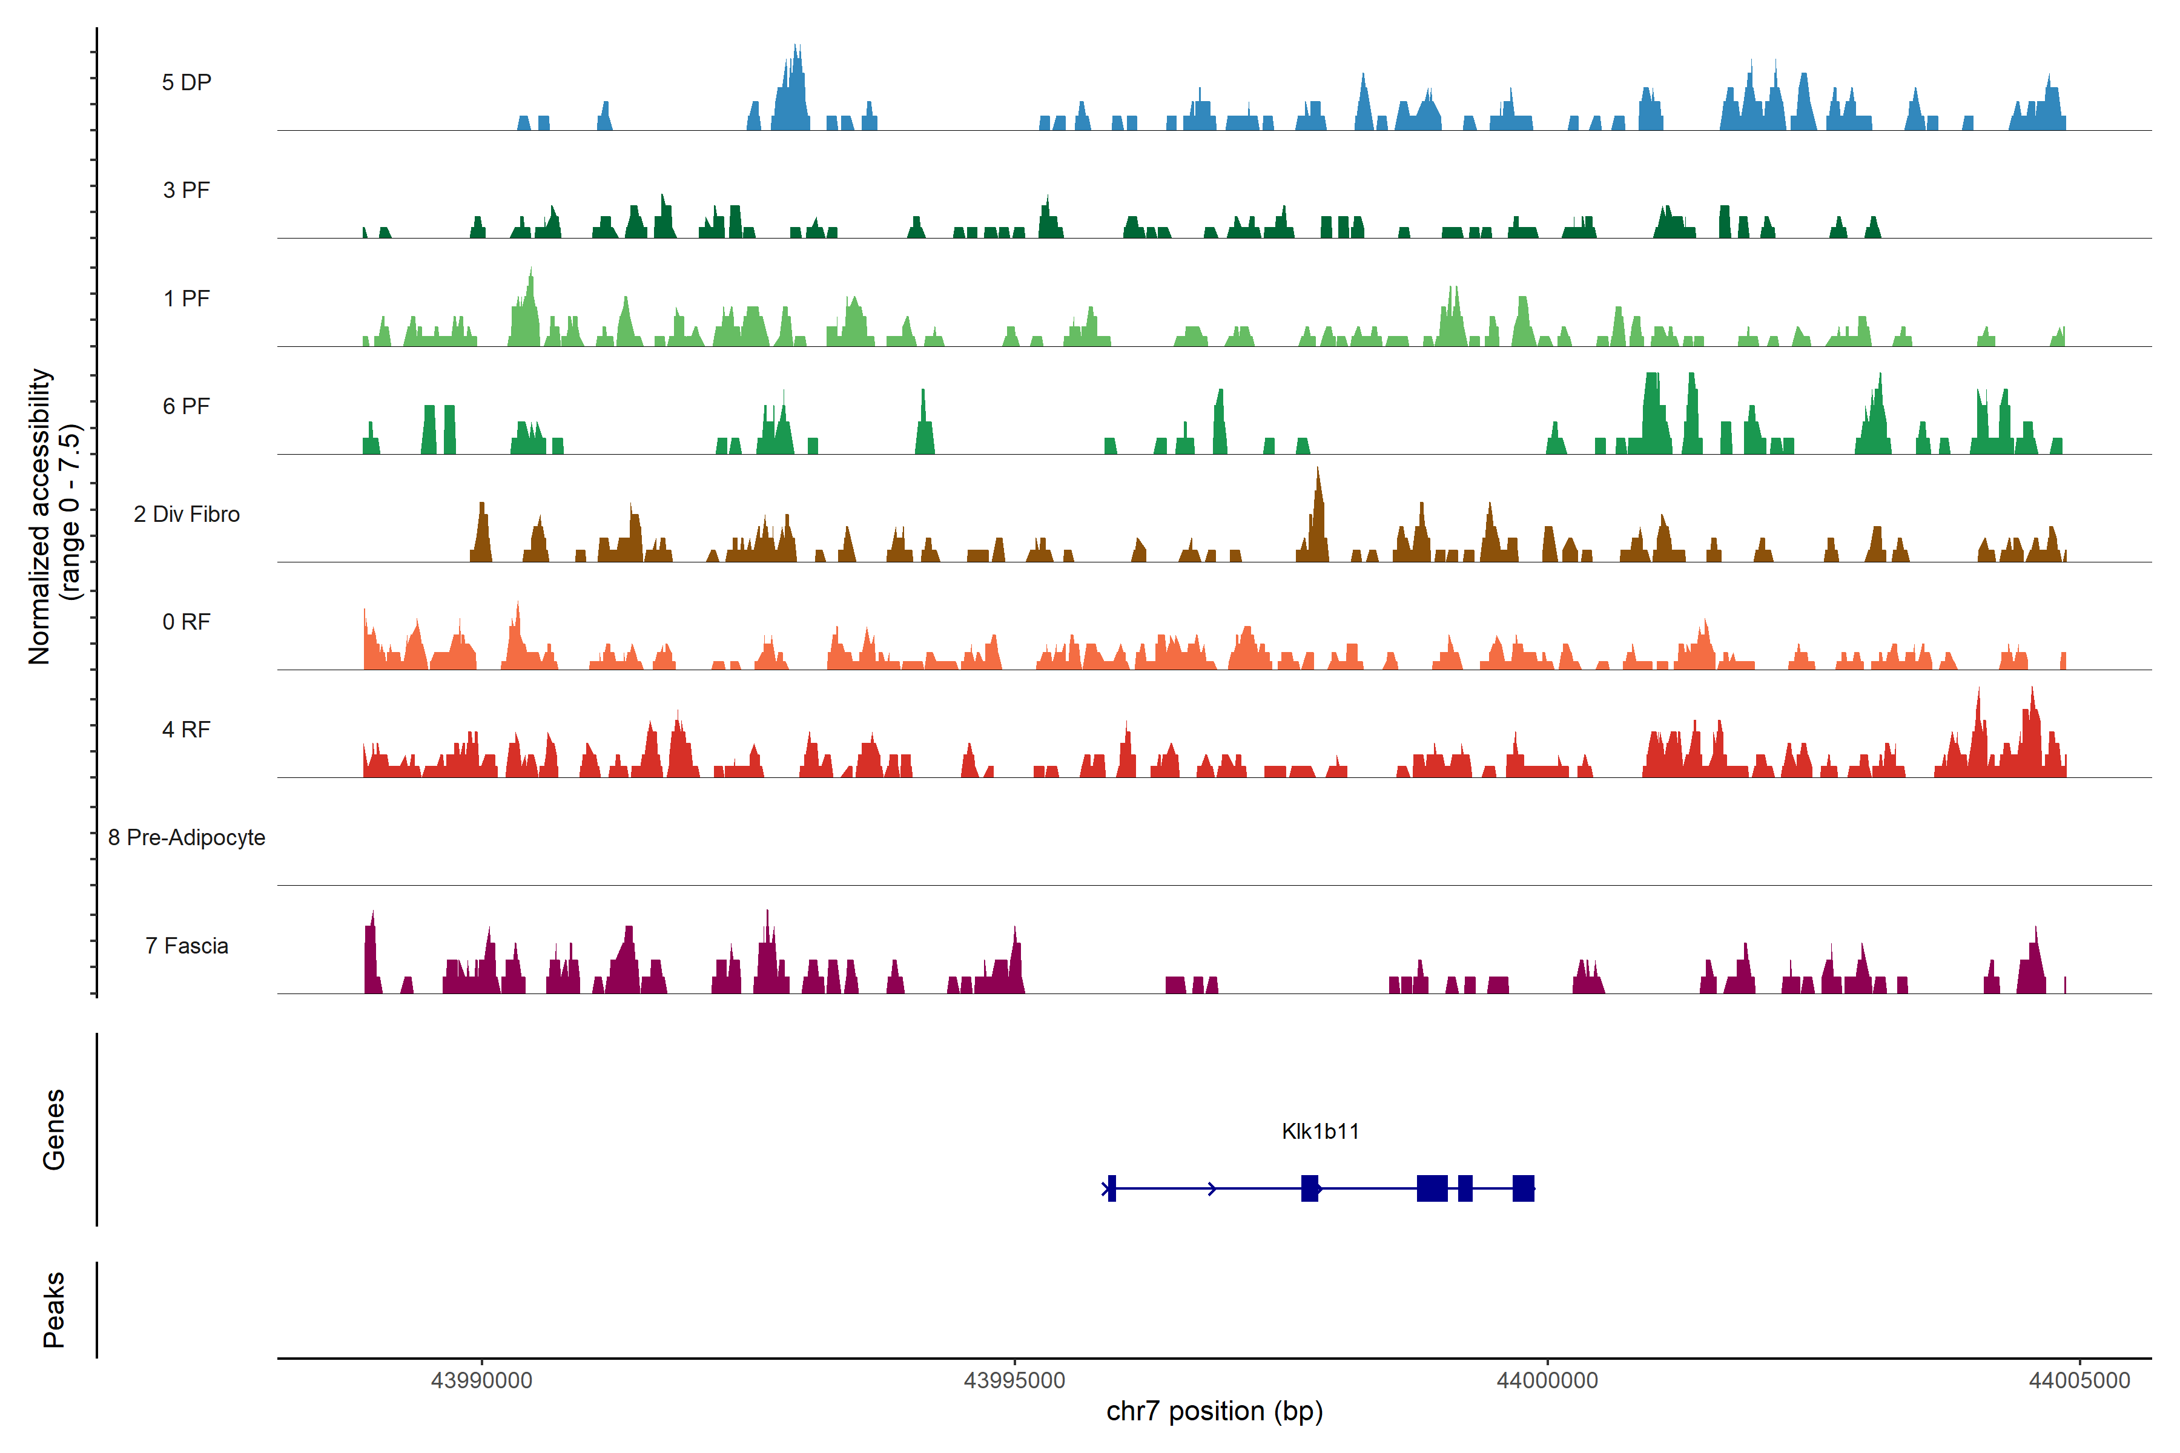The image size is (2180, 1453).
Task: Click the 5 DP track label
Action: tap(187, 82)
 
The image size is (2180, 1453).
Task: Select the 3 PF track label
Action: tap(187, 190)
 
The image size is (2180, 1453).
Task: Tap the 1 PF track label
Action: tap(187, 298)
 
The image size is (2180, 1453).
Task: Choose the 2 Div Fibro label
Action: tap(187, 514)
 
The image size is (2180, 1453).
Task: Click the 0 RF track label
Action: tap(187, 622)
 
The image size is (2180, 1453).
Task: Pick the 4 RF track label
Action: tap(187, 730)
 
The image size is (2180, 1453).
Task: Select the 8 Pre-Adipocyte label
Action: tap(187, 838)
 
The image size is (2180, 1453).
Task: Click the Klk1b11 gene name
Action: tap(1320, 1132)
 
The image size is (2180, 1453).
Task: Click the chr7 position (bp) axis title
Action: tap(1214, 1411)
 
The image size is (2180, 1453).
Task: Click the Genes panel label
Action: tap(54, 1130)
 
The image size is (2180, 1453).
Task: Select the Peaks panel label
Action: tap(54, 1310)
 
